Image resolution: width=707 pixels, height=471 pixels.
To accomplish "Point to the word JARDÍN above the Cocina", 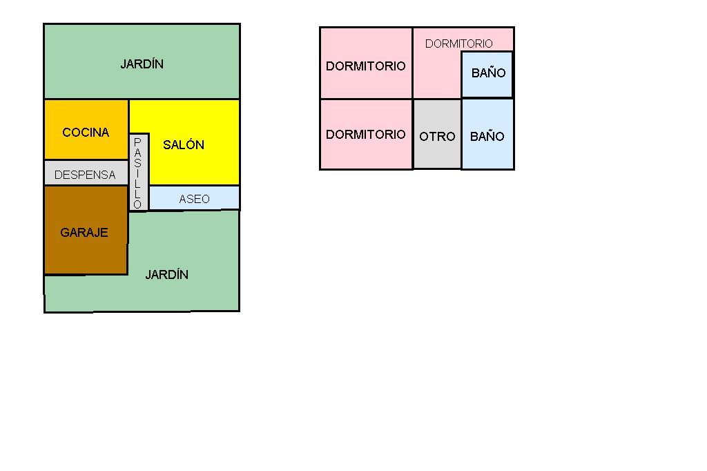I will tap(142, 64).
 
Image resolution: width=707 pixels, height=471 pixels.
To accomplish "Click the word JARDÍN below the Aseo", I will tap(166, 275).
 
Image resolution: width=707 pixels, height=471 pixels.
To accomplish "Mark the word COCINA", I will tap(86, 133).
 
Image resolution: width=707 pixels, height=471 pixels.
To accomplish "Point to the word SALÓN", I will tap(184, 145).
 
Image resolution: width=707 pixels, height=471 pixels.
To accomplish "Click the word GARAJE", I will tap(84, 233).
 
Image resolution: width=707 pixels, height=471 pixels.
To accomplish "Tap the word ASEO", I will tap(194, 199).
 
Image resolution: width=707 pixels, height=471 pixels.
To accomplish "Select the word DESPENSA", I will tap(85, 175).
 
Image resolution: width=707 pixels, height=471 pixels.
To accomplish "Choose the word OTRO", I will tap(437, 137).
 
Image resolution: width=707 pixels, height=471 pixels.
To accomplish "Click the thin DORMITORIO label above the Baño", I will tap(459, 44).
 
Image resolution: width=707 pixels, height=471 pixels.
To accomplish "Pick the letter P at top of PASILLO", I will tap(137, 141).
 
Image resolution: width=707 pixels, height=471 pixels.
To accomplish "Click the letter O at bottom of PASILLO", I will tap(137, 204).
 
